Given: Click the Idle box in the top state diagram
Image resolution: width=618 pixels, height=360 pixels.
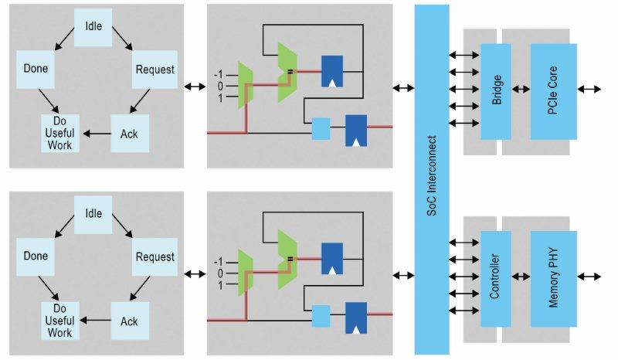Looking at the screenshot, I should click(x=93, y=28).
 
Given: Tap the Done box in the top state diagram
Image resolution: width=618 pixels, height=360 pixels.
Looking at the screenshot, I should click(x=36, y=69).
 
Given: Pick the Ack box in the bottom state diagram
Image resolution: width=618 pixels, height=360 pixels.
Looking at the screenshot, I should click(x=130, y=318).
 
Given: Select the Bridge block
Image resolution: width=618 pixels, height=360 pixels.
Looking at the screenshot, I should click(x=496, y=91).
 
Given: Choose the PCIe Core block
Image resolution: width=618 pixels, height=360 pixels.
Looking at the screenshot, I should click(x=553, y=91).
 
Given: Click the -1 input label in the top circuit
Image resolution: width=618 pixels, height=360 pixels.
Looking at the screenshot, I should click(x=219, y=74).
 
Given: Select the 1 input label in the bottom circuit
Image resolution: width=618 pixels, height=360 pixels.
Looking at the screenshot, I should click(x=219, y=285).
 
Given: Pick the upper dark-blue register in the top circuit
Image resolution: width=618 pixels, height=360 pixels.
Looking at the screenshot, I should click(x=332, y=71).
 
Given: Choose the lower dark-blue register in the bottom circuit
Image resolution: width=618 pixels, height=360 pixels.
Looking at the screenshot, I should click(x=356, y=318).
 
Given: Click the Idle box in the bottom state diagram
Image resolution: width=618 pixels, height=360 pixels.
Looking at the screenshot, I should click(x=93, y=212).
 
